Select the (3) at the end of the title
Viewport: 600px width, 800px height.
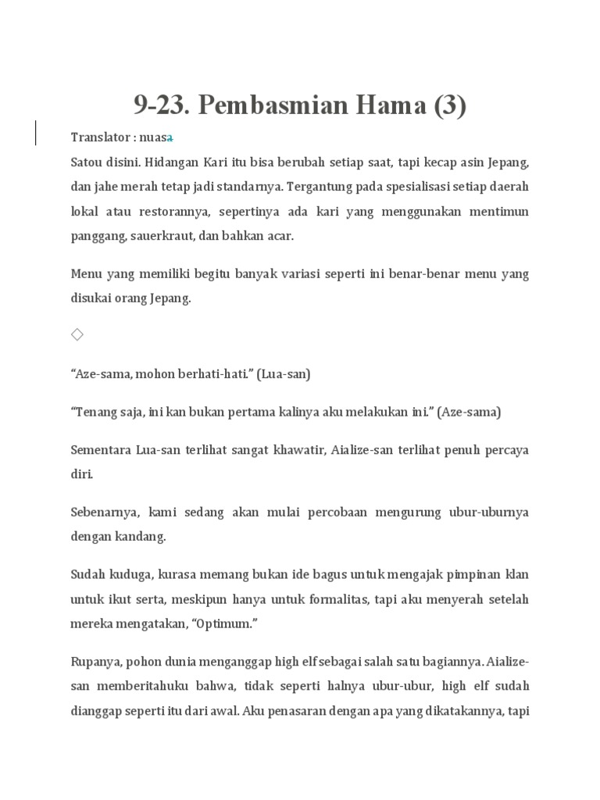pos(449,105)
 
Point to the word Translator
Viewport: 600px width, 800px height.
pos(99,137)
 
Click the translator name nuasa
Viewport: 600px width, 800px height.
pos(157,137)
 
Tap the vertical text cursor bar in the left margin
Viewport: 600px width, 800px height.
pos(35,132)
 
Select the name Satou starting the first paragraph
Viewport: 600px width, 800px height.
pos(87,162)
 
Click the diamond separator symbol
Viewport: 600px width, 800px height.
pos(77,334)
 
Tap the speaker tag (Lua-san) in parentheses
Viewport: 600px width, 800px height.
pos(286,374)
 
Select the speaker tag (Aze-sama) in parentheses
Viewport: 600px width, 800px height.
pos(470,412)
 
